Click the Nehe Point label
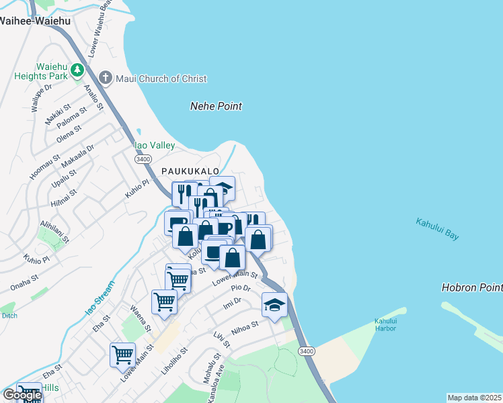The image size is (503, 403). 216,106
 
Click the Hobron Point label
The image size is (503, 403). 472,287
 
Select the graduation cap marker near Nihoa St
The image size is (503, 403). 274,305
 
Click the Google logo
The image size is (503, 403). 22,395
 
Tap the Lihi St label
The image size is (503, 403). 222,339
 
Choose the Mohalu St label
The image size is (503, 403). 217,366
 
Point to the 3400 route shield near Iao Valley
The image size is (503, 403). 143,159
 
